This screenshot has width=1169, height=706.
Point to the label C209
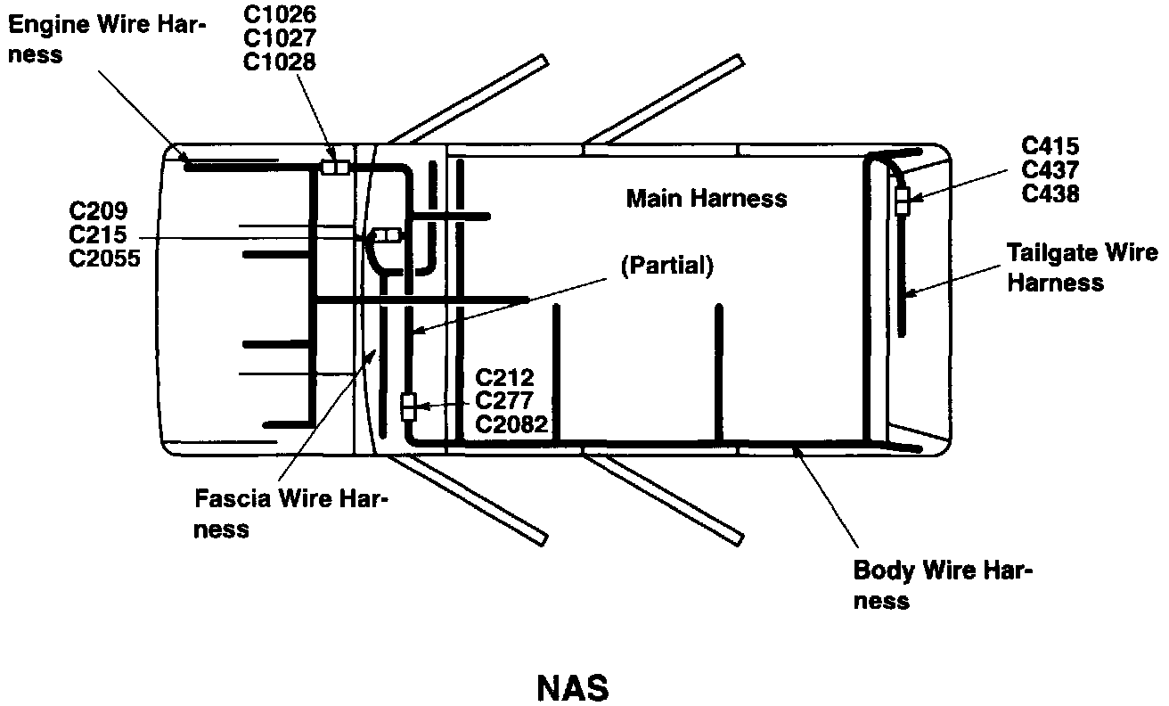click(99, 212)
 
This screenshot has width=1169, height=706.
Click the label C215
click(99, 236)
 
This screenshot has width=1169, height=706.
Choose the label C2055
click(105, 260)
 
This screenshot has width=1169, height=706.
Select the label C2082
click(511, 423)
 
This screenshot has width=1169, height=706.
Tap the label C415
click(1050, 145)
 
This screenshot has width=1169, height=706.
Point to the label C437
click(1050, 169)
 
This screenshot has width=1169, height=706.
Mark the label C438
click(1050, 193)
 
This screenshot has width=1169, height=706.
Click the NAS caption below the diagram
click(573, 687)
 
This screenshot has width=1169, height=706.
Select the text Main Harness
click(707, 198)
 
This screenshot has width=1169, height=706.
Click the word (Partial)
click(666, 267)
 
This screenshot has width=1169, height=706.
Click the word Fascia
click(233, 497)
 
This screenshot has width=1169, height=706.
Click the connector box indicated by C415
click(902, 201)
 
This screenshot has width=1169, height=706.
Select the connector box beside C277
click(408, 406)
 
